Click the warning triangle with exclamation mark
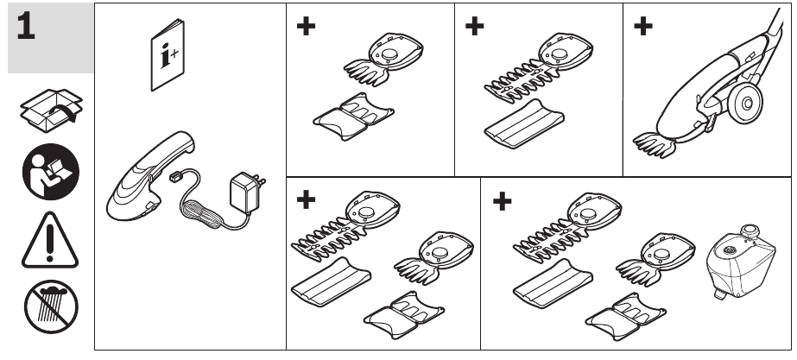[x=48, y=236]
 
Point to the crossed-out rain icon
[x=48, y=306]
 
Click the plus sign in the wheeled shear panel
[x=642, y=26]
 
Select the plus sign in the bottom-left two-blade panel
[x=306, y=202]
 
